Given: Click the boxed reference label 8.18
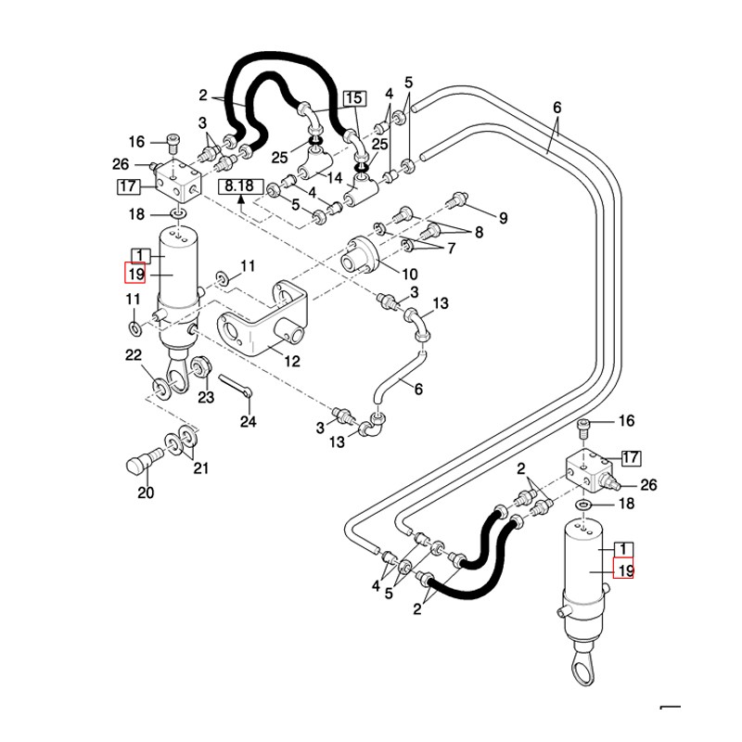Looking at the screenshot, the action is coord(239,186).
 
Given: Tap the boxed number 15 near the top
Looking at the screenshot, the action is coord(354,98).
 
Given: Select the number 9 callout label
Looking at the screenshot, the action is coord(503,218).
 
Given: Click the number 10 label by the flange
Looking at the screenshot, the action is coord(410,274).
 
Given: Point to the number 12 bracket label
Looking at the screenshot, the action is coord(292,361).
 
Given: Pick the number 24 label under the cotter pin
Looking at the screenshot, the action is coord(249,421).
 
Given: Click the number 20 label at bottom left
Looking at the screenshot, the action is coord(146,493).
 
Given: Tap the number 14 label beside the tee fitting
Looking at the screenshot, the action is coord(335,178).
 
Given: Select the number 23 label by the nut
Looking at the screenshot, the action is coord(206,397).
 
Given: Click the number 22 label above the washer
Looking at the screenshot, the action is coord(134,354).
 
